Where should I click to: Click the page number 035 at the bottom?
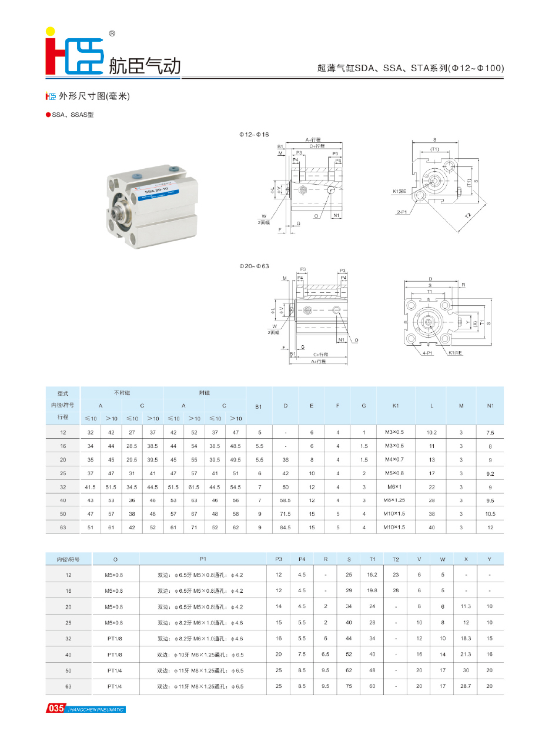point(56,709)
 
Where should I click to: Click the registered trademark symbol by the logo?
point(112,34)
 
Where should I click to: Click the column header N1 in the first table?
point(490,405)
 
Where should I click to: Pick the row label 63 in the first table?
point(63,528)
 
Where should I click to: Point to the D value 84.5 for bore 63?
point(285,528)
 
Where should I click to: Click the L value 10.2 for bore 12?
point(431,432)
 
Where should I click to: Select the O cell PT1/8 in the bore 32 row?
point(115,638)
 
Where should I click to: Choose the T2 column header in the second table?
point(396,559)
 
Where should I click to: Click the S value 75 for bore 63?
point(349,686)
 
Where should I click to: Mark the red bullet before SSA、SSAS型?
point(48,115)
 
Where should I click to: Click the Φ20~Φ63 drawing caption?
point(253,266)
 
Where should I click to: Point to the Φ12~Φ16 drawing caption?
point(253,135)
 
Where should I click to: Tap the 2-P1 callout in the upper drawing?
point(403,211)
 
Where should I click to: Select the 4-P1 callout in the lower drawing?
point(427,353)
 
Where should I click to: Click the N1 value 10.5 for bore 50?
point(490,514)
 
